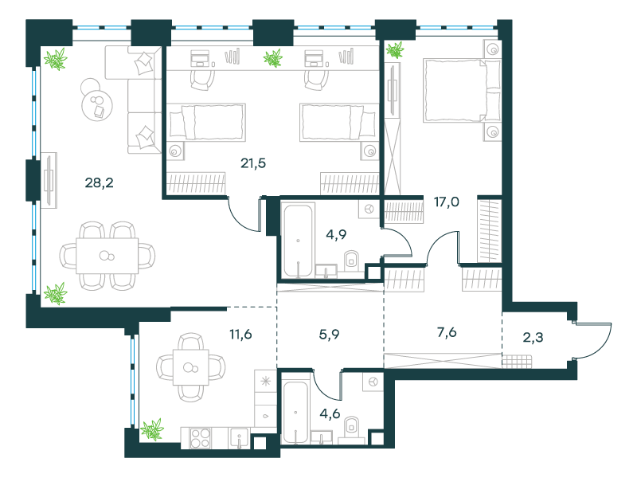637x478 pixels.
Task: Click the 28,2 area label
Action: coord(99,183)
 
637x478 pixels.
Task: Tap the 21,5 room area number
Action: coord(253,163)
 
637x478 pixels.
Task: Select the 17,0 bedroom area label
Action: coord(447,202)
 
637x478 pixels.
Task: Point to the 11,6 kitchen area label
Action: coord(240,334)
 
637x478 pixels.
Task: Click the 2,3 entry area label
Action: coord(533,337)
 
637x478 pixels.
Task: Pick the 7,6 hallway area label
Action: coord(447,332)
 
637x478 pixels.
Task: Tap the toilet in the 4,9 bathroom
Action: coord(351,261)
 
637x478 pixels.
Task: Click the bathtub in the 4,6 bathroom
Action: coord(295,412)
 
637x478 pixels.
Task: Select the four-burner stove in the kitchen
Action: coord(201,437)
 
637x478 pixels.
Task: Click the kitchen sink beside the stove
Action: coord(240,438)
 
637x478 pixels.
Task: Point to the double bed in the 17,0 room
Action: coord(462,90)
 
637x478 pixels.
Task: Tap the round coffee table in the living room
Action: coord(97,104)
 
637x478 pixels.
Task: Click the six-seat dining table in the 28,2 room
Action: coord(107,256)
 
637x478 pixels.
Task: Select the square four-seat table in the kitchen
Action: coord(191,367)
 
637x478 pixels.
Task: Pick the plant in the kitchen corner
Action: coord(152,429)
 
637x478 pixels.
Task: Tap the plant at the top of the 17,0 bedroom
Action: coord(395,50)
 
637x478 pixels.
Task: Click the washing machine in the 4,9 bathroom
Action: coord(369,210)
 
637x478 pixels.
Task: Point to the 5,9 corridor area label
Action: coord(329,335)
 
